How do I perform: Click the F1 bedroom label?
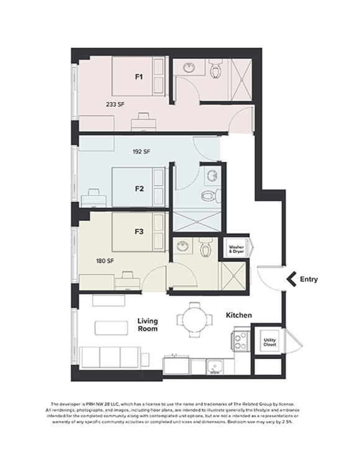coord(139,77)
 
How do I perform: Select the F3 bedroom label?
coord(139,232)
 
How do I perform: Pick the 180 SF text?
coord(105,261)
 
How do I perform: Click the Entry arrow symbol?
coord(289,279)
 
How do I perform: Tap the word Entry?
coord(308,279)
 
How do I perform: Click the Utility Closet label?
coord(269,341)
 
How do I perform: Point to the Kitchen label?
coord(238,316)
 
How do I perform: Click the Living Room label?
coord(147,325)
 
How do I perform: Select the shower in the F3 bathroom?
coord(233,274)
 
